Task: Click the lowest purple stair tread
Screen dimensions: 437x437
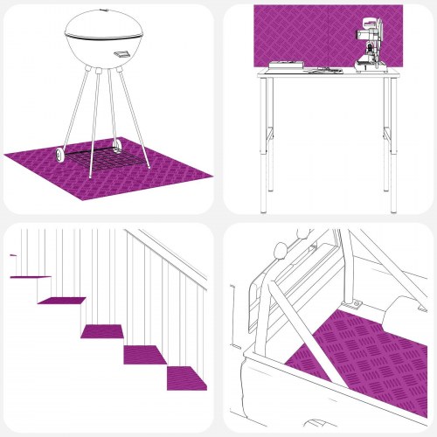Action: (187, 378)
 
